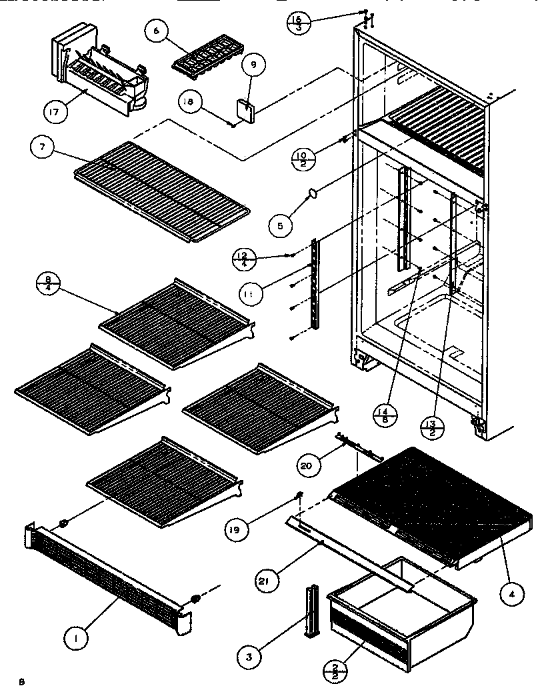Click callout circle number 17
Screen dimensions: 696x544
[x=55, y=111]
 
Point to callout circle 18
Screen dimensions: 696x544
[x=189, y=101]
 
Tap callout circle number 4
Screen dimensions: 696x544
[x=509, y=595]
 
